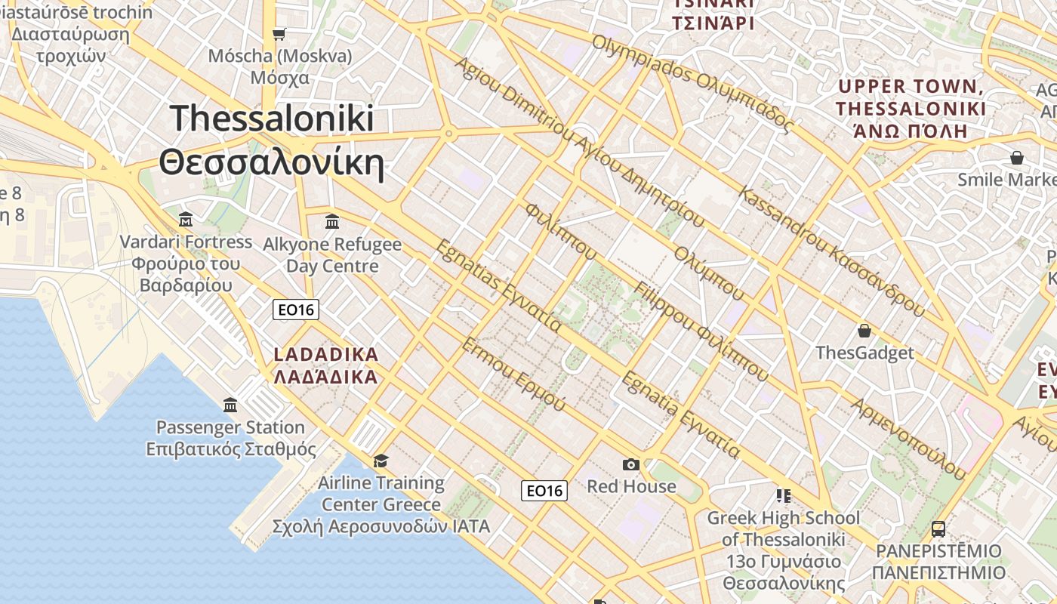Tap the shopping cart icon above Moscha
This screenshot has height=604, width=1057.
[279, 33]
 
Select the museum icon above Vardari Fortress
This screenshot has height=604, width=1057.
[186, 220]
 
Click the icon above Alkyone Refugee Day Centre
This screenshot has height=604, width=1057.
[332, 221]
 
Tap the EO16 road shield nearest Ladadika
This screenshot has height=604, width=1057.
[296, 310]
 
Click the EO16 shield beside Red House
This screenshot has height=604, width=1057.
[544, 491]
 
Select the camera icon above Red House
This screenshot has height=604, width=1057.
[631, 464]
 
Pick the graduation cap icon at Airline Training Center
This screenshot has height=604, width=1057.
[381, 461]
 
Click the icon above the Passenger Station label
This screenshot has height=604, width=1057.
[230, 405]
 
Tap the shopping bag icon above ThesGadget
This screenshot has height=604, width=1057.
[864, 331]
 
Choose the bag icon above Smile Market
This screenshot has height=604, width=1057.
[1017, 158]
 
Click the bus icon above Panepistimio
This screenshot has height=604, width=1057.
[938, 529]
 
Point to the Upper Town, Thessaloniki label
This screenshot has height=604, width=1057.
[911, 109]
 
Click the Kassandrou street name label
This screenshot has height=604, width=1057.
[831, 251]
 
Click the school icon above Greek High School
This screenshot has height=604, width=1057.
[784, 495]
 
